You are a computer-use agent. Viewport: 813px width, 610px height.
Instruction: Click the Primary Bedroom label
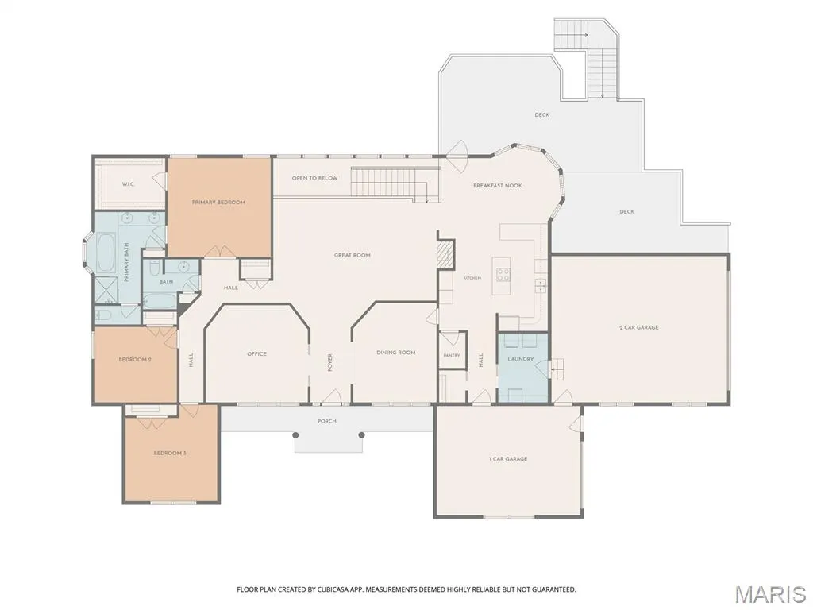[218, 203]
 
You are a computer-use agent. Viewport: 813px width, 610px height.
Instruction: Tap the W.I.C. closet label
[129, 184]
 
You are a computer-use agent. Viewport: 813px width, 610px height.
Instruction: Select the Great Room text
[352, 255]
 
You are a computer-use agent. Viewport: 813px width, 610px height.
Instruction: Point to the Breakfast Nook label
[497, 186]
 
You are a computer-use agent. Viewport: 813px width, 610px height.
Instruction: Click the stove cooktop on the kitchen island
[503, 274]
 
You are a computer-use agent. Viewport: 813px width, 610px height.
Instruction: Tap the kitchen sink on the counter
[540, 285]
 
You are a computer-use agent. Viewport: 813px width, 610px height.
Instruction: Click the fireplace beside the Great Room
[445, 253]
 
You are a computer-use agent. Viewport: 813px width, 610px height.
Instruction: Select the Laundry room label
[520, 359]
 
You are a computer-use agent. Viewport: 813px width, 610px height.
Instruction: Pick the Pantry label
[452, 355]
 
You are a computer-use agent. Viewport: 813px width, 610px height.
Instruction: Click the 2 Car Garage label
[639, 328]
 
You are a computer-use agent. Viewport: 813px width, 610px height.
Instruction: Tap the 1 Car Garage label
[507, 459]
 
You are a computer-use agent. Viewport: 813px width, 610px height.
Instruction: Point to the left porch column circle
[295, 434]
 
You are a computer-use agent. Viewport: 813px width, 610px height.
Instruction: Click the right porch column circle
[361, 434]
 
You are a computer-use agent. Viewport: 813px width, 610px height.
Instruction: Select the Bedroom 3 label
[170, 454]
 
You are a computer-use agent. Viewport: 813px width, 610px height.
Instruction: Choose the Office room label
[256, 353]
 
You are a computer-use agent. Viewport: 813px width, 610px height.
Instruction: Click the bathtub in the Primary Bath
[106, 253]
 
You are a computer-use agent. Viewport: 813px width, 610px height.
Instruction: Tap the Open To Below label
[314, 178]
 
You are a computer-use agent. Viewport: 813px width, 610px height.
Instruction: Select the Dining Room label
[395, 353]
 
